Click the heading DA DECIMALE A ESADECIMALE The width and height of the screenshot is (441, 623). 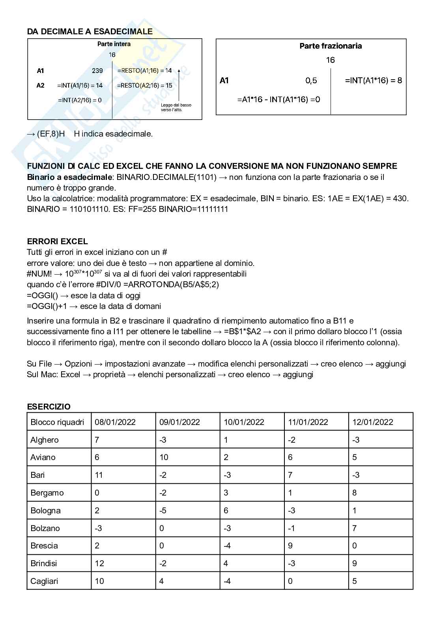pos(90,32)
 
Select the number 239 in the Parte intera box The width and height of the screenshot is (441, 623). pos(97,71)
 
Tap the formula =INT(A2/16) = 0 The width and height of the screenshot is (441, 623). pos(80,100)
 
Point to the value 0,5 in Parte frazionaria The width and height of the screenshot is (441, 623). pos(311,80)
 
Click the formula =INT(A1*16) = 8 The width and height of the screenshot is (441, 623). pos(373,80)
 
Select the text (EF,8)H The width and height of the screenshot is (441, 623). pos(51,134)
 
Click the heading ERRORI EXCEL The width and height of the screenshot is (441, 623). pos(57,241)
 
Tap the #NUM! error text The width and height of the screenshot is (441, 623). pos(39,274)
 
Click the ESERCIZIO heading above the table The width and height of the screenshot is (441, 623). pos(49,406)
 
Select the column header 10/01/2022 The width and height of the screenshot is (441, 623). pos(244,422)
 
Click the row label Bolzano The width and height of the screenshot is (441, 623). pos(45,528)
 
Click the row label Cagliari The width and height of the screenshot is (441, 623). pos(44,581)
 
